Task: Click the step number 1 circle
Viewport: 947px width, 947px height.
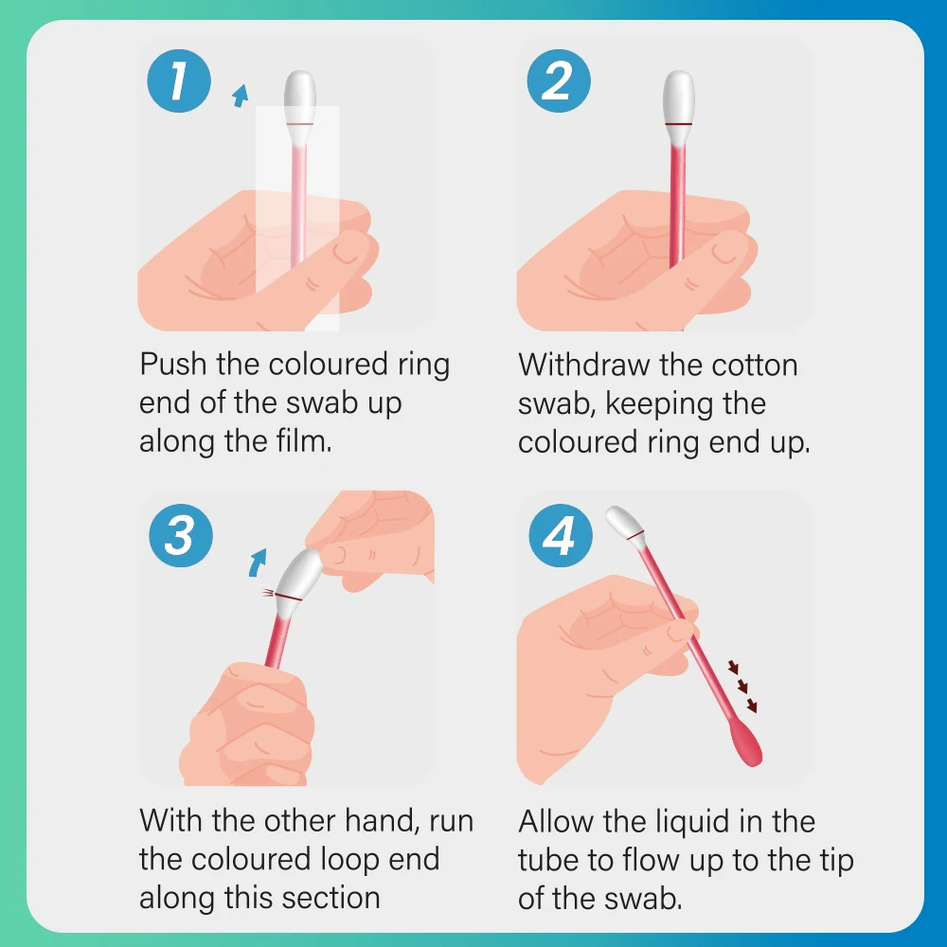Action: click(179, 80)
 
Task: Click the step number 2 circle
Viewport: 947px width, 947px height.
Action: click(559, 80)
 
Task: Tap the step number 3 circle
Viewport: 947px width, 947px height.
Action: click(181, 535)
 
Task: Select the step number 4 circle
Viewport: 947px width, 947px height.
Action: click(561, 535)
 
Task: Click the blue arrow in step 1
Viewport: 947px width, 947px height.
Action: click(241, 96)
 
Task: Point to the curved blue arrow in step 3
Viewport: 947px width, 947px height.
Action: click(258, 563)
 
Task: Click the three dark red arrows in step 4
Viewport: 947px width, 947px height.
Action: click(742, 687)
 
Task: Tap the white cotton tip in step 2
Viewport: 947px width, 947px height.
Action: click(679, 97)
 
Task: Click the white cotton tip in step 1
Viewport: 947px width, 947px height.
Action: click(299, 97)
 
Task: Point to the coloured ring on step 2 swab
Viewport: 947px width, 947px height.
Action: click(679, 124)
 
